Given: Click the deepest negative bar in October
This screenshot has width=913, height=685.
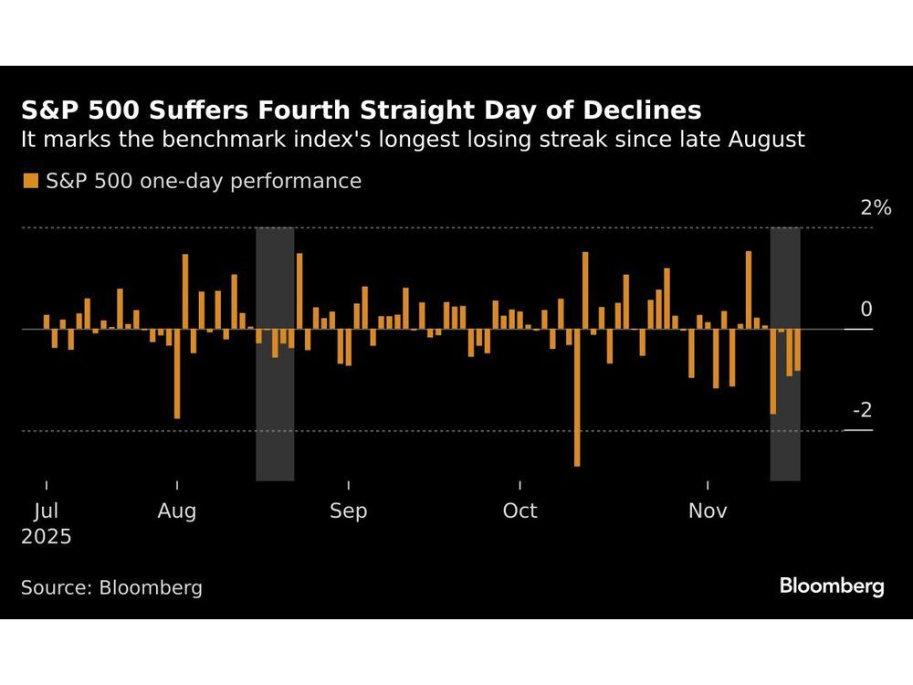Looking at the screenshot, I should point(577,397).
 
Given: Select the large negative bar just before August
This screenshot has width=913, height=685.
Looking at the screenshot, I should point(176,374).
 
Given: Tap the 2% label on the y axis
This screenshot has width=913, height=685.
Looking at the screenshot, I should point(876,208).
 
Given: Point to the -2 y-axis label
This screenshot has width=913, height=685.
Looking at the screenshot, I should point(862,409).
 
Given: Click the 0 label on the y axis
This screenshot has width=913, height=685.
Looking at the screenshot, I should point(866,310).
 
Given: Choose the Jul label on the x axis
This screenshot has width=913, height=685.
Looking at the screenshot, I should point(38,511).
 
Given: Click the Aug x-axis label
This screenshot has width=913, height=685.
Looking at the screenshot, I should point(176,511).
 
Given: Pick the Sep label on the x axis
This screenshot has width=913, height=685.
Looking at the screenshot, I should point(348,511).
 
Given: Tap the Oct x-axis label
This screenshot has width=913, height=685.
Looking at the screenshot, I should point(519,511).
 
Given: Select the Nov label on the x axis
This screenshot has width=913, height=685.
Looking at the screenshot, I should point(708,511).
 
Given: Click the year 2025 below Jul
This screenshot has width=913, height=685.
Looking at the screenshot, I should point(47,537).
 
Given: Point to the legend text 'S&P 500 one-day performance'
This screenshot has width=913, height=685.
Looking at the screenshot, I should point(203,181).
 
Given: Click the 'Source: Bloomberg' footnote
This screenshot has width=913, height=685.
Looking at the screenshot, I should point(111,587).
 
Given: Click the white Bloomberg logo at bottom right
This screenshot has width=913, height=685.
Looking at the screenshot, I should point(832,585).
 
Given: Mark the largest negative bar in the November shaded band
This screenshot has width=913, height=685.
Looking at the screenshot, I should point(773,372).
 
